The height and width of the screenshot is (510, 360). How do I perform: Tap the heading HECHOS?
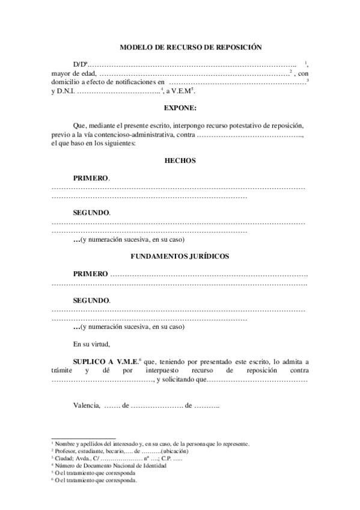tap(180, 161)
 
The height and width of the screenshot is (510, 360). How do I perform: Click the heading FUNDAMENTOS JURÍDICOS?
tap(180, 256)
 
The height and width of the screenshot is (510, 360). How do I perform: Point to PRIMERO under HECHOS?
tap(91, 179)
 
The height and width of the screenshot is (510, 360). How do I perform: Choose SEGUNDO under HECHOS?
tap(91, 213)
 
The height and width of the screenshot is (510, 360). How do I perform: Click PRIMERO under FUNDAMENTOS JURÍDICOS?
tap(91, 274)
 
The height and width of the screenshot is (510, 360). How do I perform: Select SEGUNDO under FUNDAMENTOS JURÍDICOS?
tap(91, 300)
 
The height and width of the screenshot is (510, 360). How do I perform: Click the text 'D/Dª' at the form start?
tap(81, 64)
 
